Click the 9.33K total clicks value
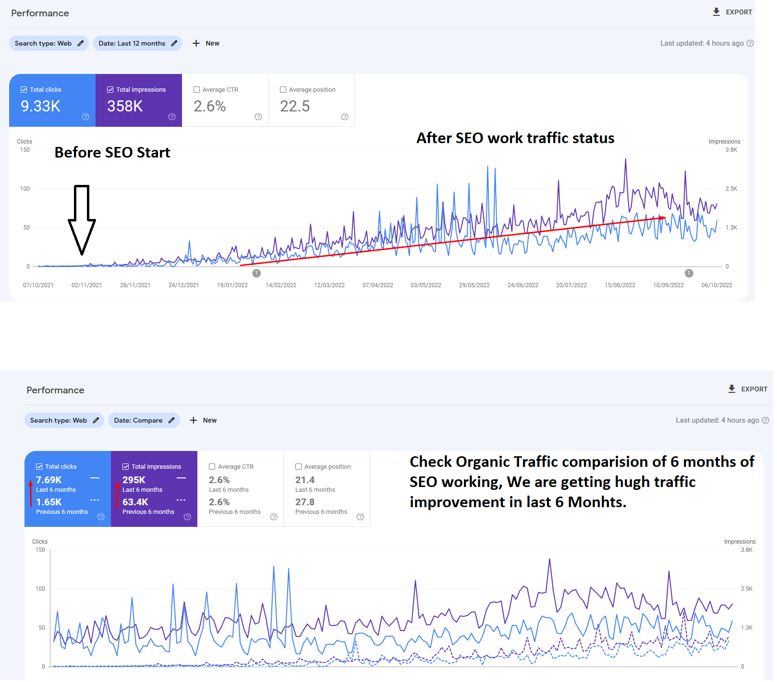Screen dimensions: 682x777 click(40, 106)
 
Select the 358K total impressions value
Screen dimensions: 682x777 click(125, 106)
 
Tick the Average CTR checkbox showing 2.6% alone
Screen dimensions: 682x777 click(196, 90)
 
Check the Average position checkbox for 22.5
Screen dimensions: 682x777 click(283, 90)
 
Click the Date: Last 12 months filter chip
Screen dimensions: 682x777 click(137, 43)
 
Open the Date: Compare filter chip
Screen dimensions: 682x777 click(144, 420)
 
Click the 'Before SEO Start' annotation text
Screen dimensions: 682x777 click(112, 152)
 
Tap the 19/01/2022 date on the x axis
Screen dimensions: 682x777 click(232, 285)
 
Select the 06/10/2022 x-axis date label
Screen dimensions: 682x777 click(716, 285)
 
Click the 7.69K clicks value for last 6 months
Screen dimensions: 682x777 click(49, 480)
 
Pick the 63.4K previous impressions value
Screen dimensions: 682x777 click(135, 502)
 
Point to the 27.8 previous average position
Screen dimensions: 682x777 click(305, 502)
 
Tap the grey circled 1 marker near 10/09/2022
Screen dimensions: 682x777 click(689, 273)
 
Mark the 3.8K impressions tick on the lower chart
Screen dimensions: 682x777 click(746, 550)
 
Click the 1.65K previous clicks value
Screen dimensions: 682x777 click(49, 502)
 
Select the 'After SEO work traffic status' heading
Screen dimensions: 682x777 click(515, 138)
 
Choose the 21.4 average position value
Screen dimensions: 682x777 click(305, 480)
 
